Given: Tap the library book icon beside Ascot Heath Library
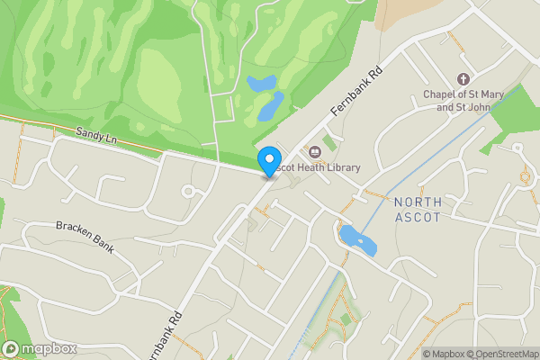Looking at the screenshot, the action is pos(315,151).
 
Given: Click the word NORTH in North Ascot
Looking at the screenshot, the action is pos(418,201).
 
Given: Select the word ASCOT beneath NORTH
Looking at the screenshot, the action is pos(418,217).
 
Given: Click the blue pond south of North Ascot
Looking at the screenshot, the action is pos(357,241).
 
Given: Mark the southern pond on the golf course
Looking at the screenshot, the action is pos(270,107).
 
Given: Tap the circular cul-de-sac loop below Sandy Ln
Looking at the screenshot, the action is pos(190,191).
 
